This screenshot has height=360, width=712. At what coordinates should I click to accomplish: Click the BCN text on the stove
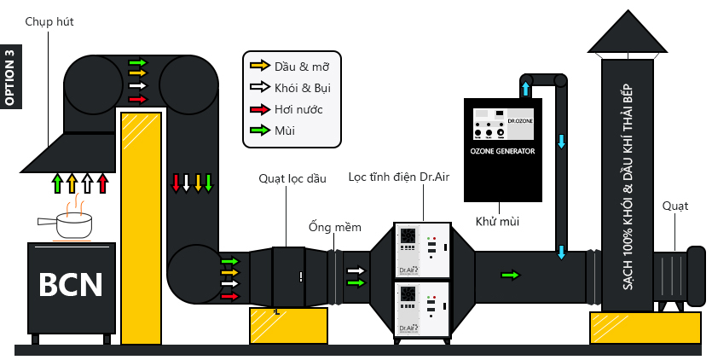pos(71,285)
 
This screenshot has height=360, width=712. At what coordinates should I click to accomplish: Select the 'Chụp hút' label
pos(49,20)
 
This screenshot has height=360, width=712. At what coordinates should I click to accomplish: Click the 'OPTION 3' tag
pos(10,77)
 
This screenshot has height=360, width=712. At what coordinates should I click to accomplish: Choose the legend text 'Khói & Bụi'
pos(302,87)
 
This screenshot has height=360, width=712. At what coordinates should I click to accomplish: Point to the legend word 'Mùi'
pos(286,131)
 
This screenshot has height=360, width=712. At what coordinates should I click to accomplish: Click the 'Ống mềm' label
pos(335,228)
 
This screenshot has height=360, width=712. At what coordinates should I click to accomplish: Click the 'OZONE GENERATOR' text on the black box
pos(503,151)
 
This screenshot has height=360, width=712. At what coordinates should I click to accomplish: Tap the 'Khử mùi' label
pos(499,222)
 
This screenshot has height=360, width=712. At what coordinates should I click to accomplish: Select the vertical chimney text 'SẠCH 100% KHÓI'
pos(628,188)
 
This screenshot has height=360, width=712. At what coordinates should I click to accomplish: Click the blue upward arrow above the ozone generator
pos(525,88)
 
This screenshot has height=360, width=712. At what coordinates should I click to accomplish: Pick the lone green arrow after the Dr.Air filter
pos(510,275)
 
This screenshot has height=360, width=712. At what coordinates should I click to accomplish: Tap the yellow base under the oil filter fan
pos(288,326)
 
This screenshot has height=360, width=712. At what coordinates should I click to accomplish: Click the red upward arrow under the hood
pos(103,183)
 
